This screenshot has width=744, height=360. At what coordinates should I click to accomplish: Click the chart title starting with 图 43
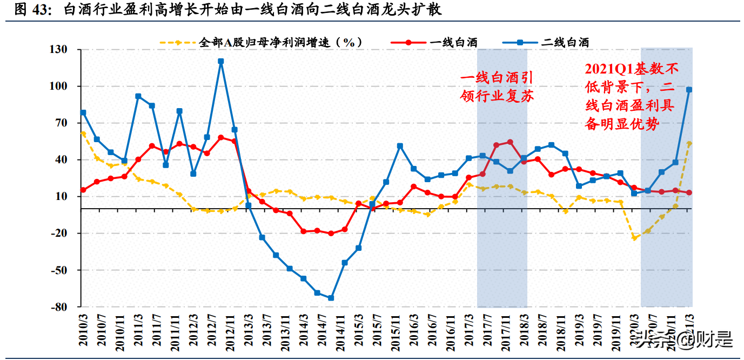click(227, 10)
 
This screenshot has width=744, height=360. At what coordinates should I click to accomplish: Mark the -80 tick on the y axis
click(58, 307)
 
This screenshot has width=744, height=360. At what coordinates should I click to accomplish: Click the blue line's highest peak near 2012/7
click(220, 61)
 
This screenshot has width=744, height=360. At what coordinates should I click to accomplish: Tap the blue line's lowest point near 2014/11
click(331, 298)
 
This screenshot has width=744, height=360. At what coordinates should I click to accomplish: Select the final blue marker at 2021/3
click(689, 90)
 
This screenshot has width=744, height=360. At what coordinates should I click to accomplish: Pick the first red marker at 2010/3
click(83, 190)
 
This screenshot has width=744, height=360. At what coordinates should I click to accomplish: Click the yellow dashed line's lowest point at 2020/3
click(634, 238)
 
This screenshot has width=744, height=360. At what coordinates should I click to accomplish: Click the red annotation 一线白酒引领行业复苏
click(497, 87)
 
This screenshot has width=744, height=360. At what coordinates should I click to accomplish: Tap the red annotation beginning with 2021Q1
click(631, 96)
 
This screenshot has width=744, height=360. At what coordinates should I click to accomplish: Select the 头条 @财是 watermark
click(683, 339)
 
